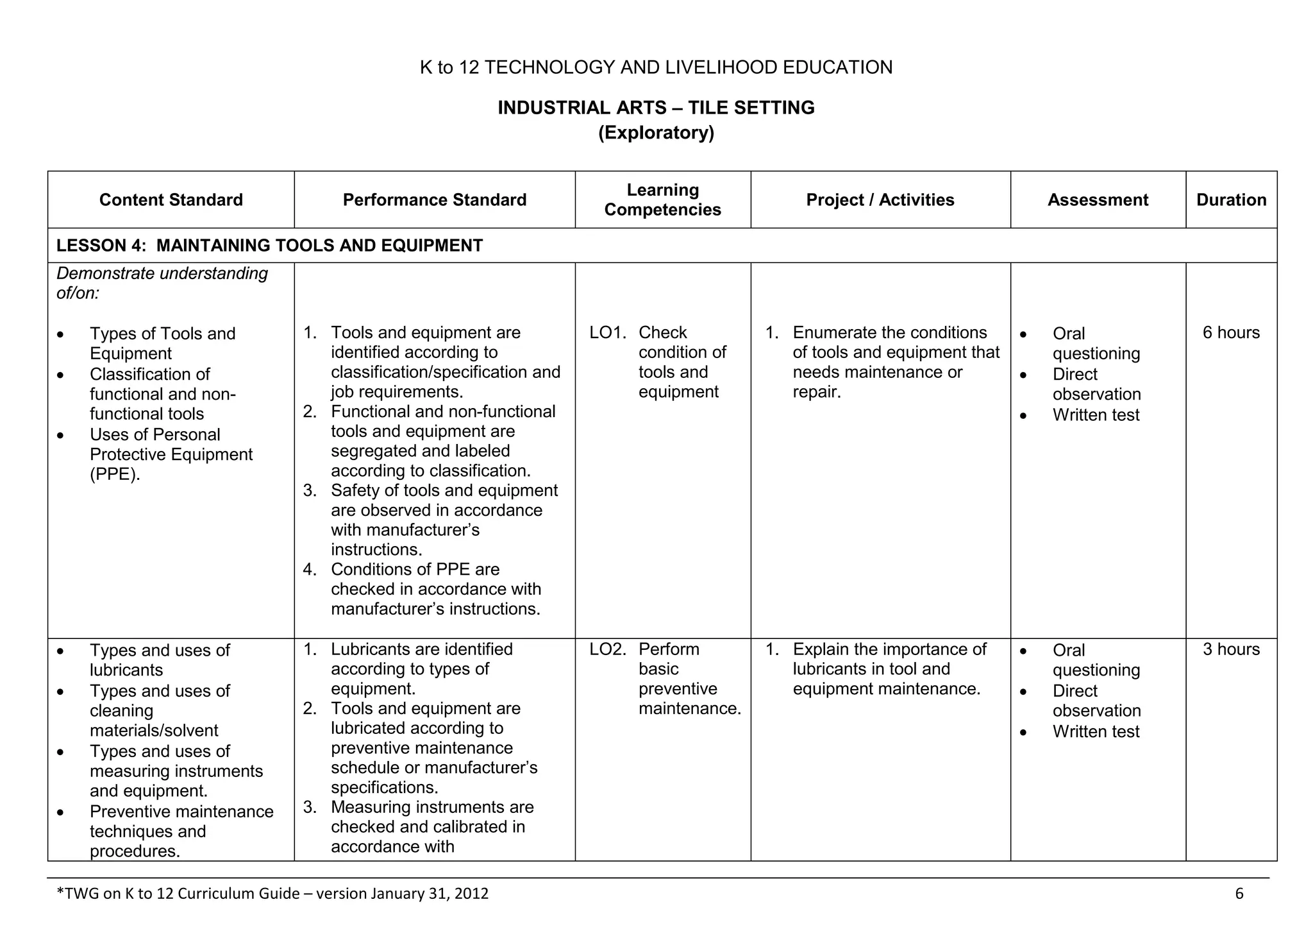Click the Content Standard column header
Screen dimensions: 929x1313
171,200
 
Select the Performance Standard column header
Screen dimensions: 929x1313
434,200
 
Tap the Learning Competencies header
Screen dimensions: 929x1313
662,200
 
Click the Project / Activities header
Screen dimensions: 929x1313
880,200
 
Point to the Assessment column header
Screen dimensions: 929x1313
1098,200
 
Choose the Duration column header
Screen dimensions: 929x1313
1231,200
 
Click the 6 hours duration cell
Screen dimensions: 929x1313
1231,333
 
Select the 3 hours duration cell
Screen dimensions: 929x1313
1231,649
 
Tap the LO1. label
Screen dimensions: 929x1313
607,333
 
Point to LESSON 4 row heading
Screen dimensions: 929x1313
269,246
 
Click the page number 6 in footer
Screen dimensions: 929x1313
1239,894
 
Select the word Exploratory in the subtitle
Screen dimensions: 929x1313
656,133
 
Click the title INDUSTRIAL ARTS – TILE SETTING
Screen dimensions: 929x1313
656,108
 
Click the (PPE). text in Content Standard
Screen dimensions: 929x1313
115,475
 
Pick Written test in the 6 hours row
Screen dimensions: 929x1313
1096,415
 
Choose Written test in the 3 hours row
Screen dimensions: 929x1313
1096,732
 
